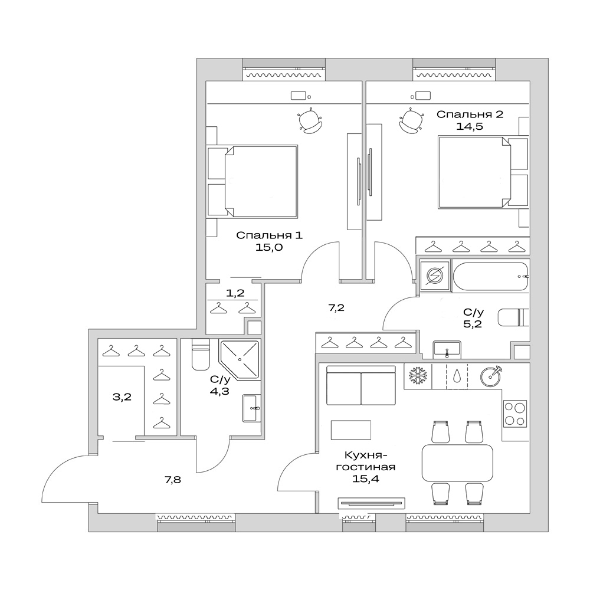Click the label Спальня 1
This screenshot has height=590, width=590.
tap(269, 235)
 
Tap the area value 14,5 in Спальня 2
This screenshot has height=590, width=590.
tap(470, 126)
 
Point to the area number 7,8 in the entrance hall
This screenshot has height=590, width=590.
tap(172, 480)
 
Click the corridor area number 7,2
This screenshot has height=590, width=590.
tap(336, 307)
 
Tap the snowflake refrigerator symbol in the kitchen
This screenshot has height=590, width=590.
tap(418, 376)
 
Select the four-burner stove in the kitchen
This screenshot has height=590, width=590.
tap(514, 414)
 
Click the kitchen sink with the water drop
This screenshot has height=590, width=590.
tap(457, 376)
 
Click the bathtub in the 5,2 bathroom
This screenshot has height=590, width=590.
tap(490, 276)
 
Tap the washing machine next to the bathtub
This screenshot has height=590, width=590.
tap(434, 276)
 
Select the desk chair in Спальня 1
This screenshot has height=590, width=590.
tap(310, 121)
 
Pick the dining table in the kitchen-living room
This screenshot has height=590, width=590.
tap(457, 463)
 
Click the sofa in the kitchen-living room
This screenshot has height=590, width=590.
tap(360, 385)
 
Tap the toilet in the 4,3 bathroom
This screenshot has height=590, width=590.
tap(199, 355)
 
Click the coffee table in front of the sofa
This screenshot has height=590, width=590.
tap(350, 430)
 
